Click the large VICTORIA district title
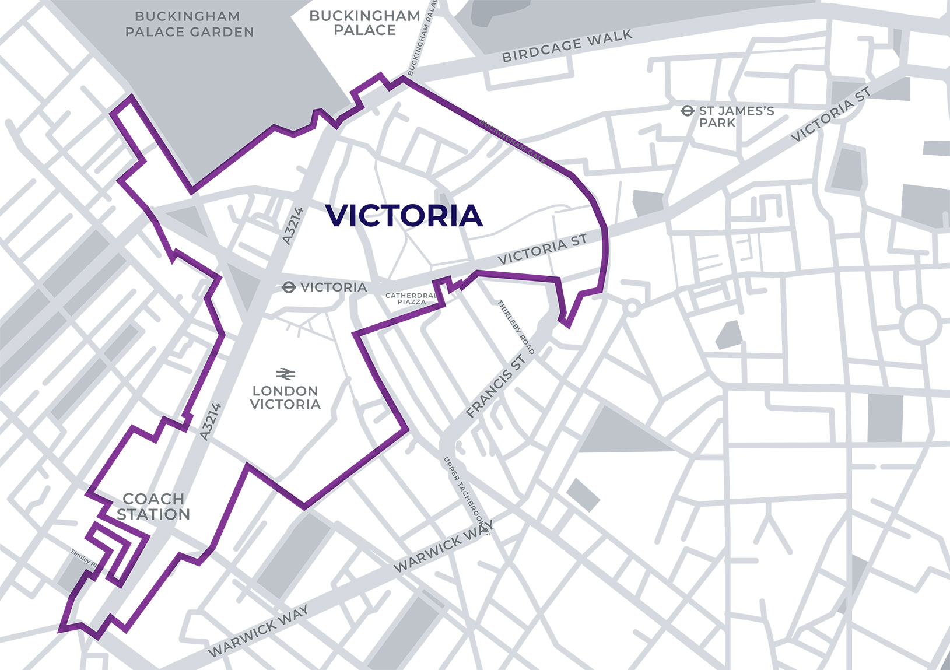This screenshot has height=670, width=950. [x=404, y=216]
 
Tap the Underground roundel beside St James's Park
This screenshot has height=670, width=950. [x=688, y=110]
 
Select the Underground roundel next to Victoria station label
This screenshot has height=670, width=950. [x=289, y=287]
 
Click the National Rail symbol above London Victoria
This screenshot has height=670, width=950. [x=286, y=373]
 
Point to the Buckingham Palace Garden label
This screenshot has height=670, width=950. [x=190, y=24]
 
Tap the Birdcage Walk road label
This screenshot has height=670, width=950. [x=567, y=46]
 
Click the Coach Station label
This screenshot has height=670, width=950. [x=153, y=507]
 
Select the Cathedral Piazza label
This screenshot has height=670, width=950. [x=411, y=299]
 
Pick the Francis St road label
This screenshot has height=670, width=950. [x=496, y=386]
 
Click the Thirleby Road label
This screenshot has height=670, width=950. [x=516, y=327]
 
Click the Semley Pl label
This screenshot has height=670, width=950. [x=83, y=559]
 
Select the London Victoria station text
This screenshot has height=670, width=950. [x=285, y=398]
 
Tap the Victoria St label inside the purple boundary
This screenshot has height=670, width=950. [x=542, y=249]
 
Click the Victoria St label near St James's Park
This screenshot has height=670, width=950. [x=831, y=114]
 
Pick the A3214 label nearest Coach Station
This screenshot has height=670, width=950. [x=211, y=421]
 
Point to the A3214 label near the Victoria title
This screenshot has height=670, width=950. [x=293, y=226]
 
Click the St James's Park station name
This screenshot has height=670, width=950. [x=736, y=117]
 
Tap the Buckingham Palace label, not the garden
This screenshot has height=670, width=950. [x=364, y=23]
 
